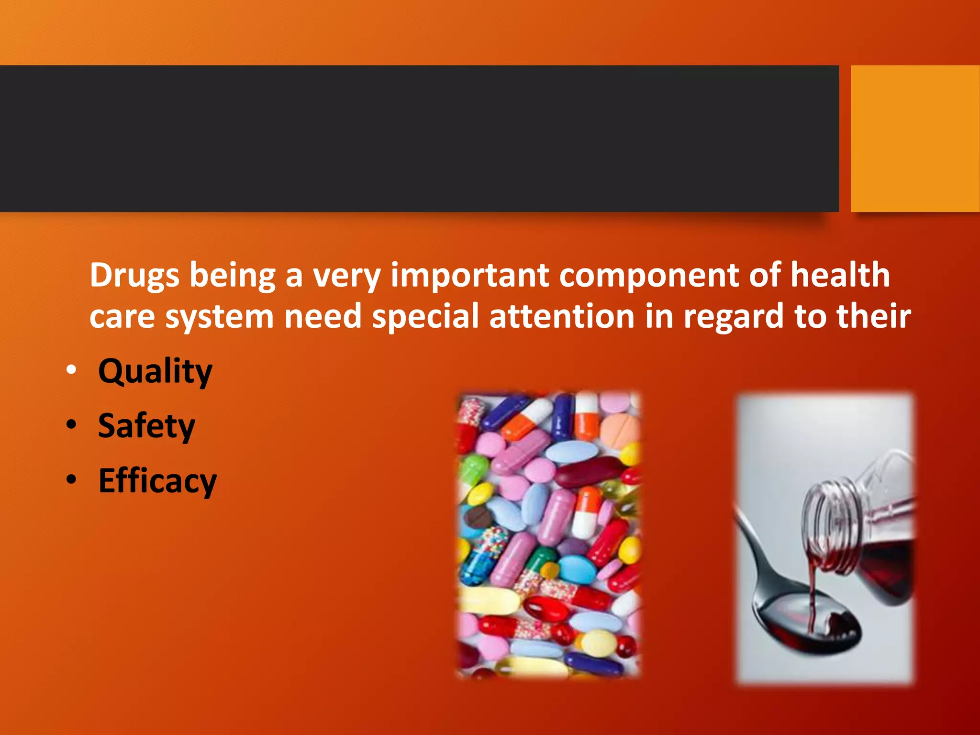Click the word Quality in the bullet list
(x=155, y=371)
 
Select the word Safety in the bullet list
(x=146, y=426)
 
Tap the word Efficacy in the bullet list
(x=157, y=481)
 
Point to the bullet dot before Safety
(x=71, y=425)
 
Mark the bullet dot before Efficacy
(x=71, y=479)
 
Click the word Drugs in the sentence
(x=134, y=276)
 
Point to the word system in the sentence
(x=219, y=318)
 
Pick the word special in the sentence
(x=425, y=317)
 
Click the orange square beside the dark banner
(x=915, y=138)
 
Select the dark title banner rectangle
(x=419, y=138)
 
